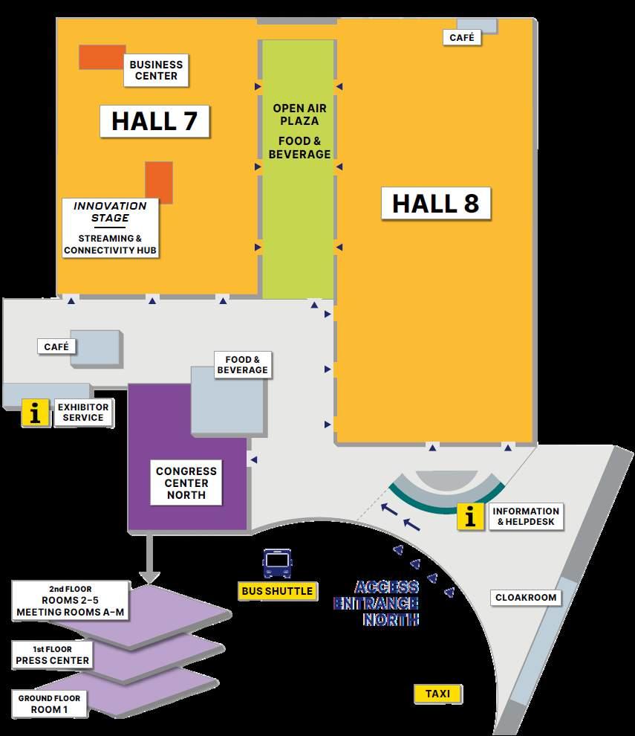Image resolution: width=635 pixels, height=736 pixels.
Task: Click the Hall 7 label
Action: tap(154, 121)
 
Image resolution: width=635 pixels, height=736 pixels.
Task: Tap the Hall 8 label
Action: tap(435, 203)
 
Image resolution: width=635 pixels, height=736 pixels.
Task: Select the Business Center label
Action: tap(156, 71)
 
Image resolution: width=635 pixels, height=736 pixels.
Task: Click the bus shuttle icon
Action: tap(277, 564)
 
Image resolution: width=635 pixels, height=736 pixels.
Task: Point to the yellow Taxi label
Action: tap(438, 694)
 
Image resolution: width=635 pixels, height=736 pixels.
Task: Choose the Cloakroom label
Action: tap(526, 598)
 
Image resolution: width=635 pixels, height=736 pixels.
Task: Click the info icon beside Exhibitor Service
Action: tap(35, 413)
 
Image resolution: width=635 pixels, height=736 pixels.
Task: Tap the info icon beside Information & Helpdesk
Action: tap(470, 517)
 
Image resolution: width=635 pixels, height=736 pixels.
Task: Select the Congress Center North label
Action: tap(186, 482)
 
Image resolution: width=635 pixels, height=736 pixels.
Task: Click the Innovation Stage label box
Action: tap(111, 227)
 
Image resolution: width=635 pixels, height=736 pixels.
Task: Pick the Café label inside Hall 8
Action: tap(461, 37)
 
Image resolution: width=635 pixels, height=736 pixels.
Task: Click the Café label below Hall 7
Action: tap(56, 346)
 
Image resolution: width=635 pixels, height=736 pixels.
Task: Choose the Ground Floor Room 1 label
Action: tap(49, 704)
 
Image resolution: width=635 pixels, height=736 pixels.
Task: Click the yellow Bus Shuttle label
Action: tap(277, 591)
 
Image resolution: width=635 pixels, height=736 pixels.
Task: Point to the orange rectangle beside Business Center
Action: tap(102, 57)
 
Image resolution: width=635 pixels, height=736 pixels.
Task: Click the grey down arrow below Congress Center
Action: tap(149, 558)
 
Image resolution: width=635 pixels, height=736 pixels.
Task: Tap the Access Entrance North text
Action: tap(377, 602)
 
